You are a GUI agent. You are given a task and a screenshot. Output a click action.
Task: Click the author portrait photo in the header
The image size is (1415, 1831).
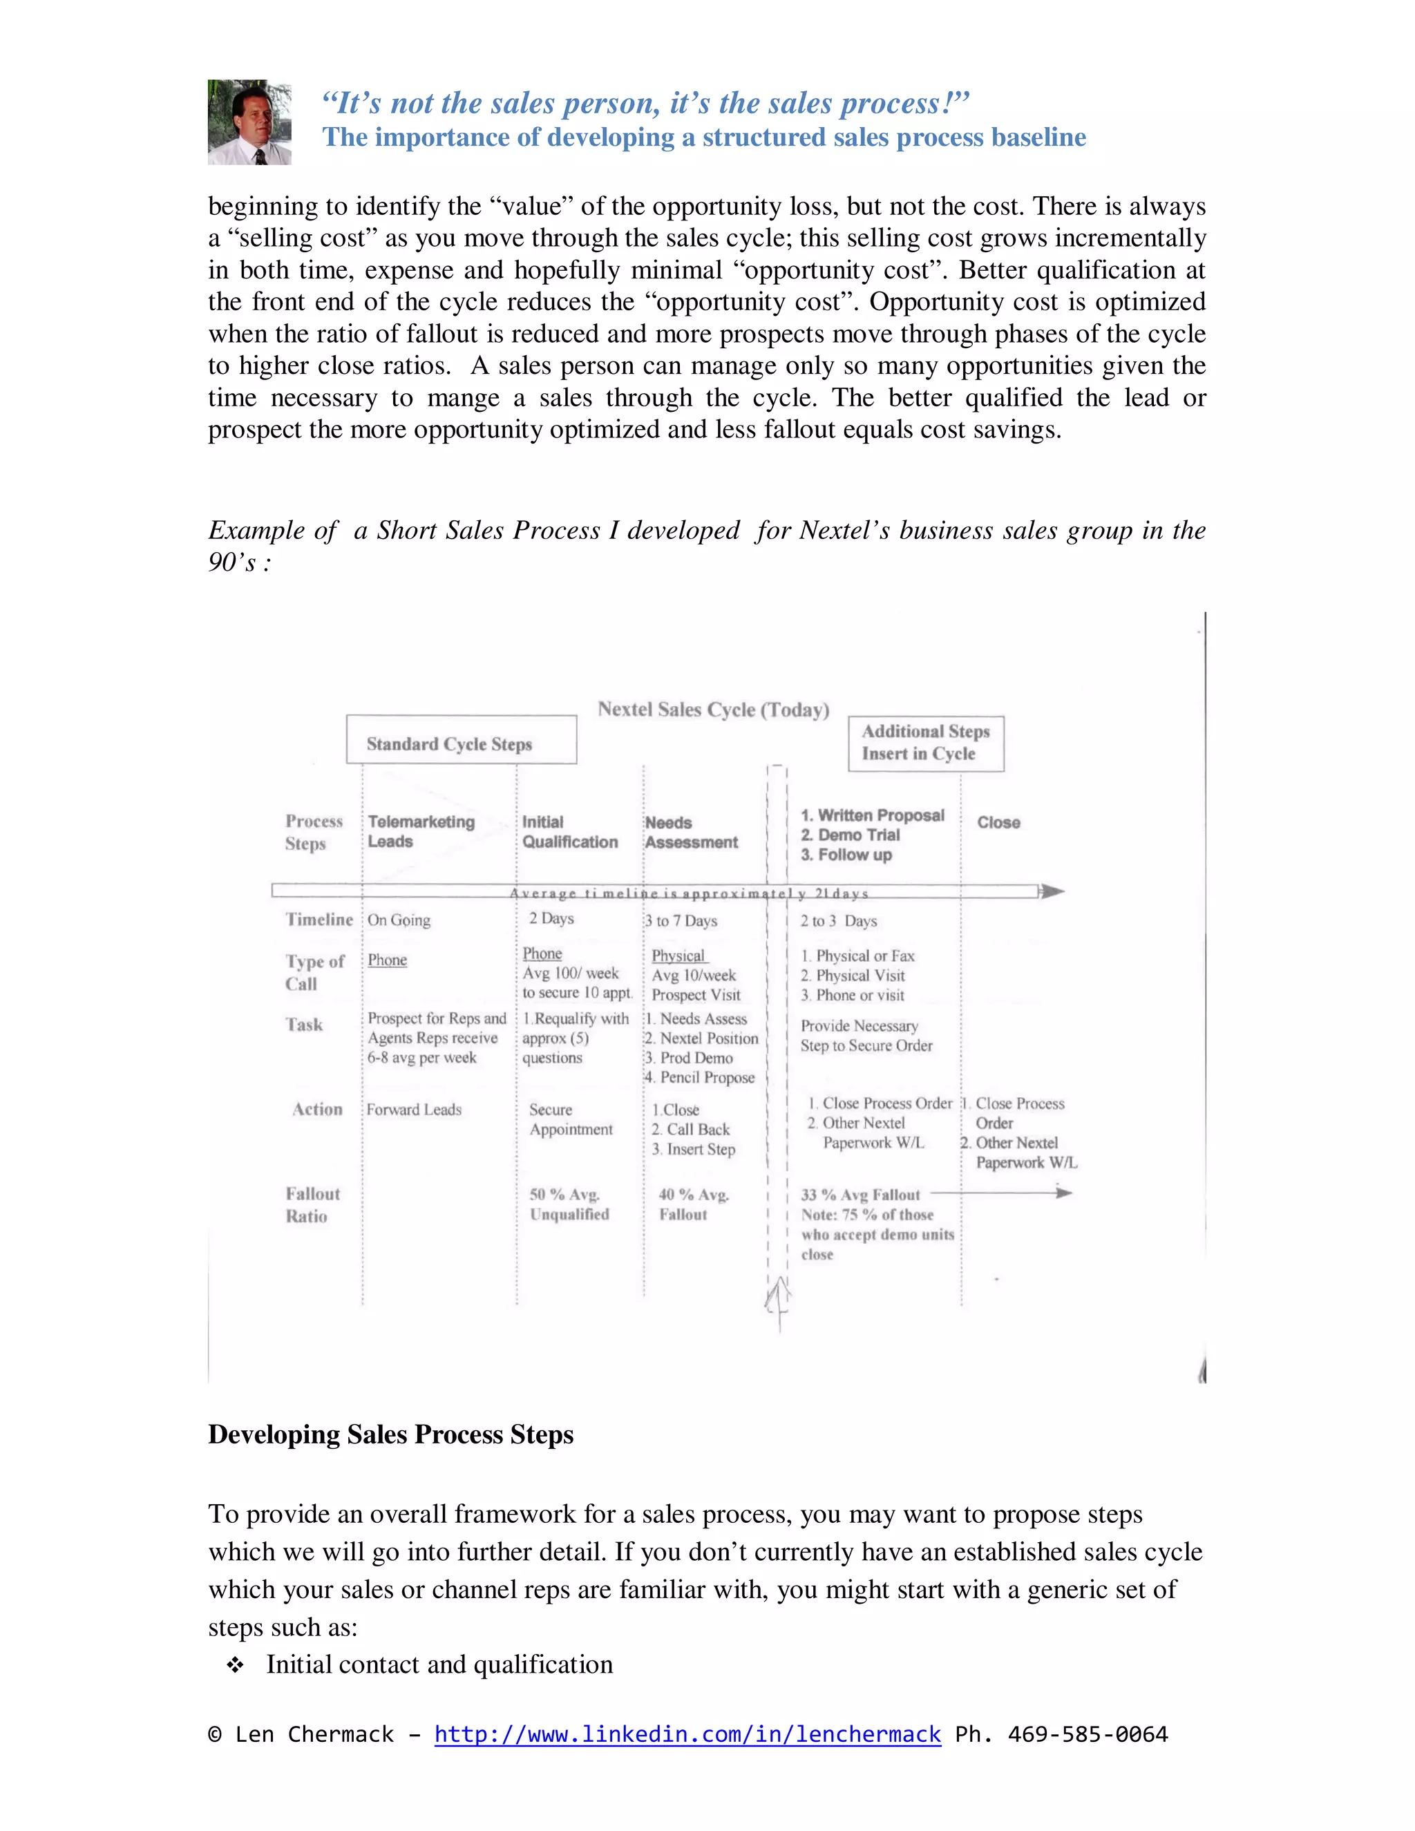point(249,122)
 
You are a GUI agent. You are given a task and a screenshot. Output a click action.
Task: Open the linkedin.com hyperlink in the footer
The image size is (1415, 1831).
point(687,1734)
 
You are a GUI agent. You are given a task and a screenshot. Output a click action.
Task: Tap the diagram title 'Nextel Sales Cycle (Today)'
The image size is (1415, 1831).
point(713,710)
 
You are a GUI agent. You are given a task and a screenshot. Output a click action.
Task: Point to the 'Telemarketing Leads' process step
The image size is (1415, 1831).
point(421,832)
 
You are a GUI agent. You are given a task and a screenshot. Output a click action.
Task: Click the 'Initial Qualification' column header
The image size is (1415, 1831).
point(570,832)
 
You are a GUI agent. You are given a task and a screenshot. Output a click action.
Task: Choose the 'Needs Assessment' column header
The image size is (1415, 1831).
point(691,833)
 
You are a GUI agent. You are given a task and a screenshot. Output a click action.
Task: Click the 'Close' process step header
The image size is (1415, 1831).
point(998,822)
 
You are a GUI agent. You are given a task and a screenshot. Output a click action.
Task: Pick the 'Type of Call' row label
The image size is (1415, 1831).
point(314,973)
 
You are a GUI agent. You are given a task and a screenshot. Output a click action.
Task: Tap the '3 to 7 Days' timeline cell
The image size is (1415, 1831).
point(681,920)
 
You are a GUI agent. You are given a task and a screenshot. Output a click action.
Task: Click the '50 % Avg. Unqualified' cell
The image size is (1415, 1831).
point(569,1204)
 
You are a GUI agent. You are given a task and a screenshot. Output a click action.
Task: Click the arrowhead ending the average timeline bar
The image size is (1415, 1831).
point(1053,891)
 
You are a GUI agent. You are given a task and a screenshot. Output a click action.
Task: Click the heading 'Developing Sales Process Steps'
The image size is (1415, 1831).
point(390,1434)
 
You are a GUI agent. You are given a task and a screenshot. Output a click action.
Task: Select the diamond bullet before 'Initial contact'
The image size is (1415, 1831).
point(236,1665)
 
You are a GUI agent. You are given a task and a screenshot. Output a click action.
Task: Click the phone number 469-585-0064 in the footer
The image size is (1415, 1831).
point(1088,1734)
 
